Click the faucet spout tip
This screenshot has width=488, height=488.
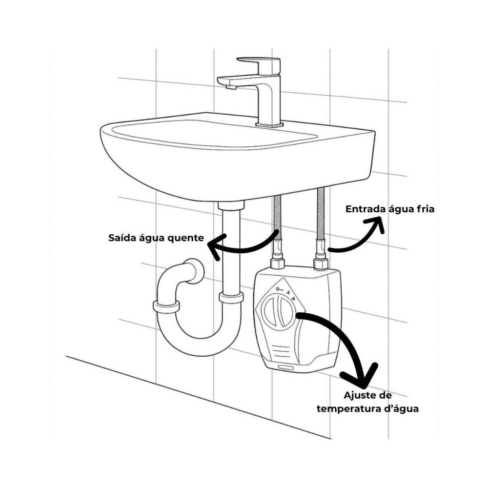231,87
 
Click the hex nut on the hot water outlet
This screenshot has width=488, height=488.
278,264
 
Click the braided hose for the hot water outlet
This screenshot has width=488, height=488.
277,218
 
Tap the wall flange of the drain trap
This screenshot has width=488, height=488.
196,271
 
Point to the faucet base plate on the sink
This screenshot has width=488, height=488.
269,125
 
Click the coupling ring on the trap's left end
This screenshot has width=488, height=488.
166,306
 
